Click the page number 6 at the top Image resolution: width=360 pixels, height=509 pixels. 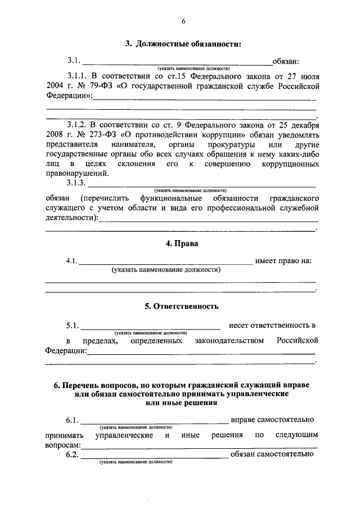(x=183, y=22)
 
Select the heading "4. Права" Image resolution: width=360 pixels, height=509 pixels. (x=181, y=244)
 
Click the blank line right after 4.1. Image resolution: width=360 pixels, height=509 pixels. (x=166, y=261)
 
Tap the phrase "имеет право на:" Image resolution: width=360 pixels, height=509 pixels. (x=283, y=261)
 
